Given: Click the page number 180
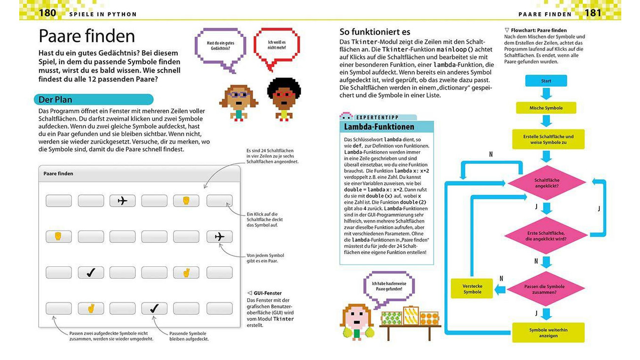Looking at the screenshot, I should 47,13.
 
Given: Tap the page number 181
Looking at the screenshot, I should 593,13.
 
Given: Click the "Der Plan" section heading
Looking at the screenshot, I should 56,99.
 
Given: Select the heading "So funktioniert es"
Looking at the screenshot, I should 375,32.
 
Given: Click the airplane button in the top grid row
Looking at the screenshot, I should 123,200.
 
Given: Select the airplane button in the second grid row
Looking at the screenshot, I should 220,237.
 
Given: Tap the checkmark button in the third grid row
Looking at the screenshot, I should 91,272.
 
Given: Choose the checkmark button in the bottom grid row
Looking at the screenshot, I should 154,308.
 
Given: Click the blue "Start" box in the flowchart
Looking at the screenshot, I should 546,81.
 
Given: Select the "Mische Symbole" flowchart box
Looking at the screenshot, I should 546,108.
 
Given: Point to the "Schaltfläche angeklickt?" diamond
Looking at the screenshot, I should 546,183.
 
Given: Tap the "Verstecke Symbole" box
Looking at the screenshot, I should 472,289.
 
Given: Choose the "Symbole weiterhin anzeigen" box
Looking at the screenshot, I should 548,332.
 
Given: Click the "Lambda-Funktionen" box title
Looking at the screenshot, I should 379,127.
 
